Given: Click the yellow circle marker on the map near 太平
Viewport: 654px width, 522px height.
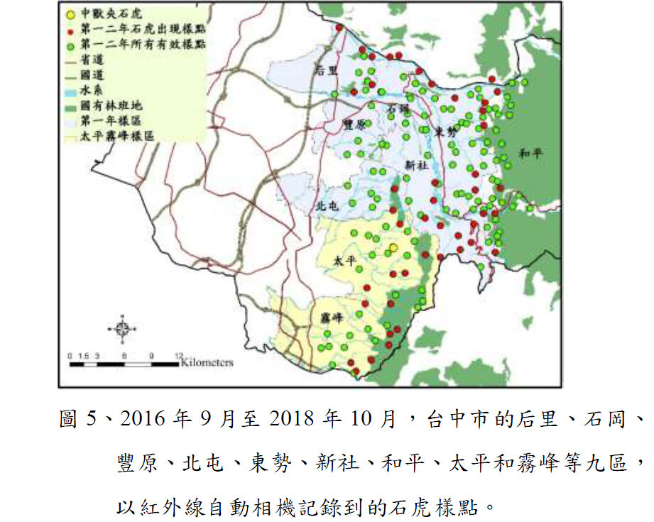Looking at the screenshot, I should pos(393,248).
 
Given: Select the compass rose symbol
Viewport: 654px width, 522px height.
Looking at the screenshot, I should pos(121,327).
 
